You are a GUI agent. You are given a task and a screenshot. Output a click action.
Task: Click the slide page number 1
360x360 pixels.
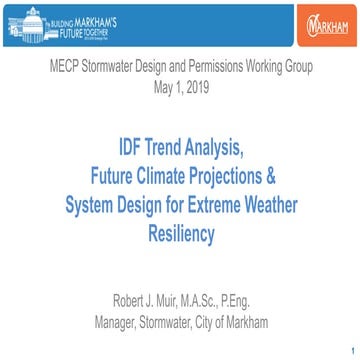click(351, 350)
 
